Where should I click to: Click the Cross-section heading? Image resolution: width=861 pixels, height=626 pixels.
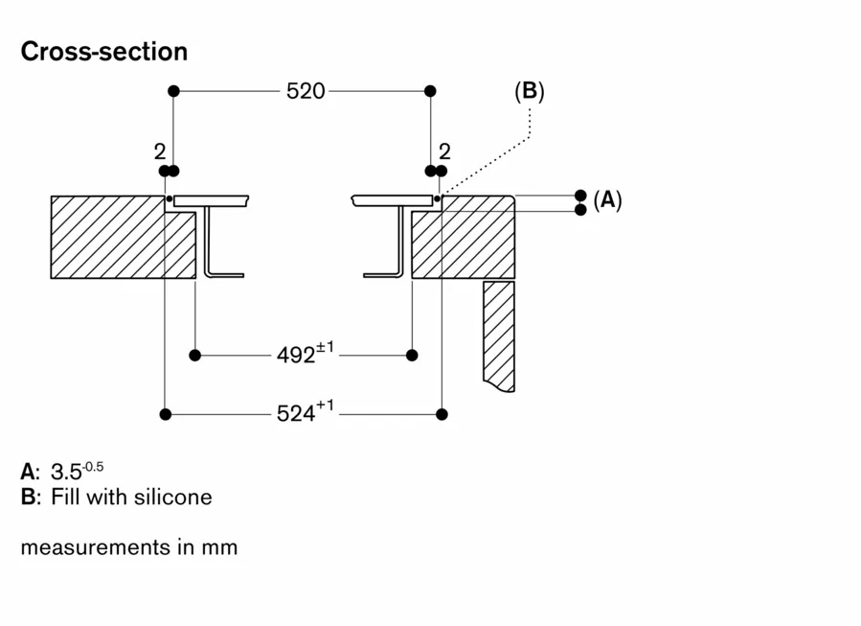103,51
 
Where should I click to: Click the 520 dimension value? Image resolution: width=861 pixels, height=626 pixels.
306,91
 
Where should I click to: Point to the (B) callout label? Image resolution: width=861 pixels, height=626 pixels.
529,91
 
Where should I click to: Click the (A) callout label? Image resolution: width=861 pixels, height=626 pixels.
607,200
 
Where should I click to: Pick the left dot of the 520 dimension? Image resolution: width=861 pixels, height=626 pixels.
173,91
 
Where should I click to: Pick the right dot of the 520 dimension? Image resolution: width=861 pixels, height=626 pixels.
430,91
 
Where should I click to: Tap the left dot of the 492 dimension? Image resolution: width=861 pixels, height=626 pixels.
195,355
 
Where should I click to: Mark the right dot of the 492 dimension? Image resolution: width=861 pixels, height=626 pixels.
412,355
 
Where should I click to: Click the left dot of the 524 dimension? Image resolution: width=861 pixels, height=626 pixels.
166,414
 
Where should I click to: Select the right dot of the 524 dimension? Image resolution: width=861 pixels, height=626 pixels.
442,414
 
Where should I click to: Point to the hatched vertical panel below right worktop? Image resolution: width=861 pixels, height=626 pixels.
499,336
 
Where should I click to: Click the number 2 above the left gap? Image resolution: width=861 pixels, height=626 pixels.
159,151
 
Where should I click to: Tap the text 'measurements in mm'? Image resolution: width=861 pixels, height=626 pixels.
128,547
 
